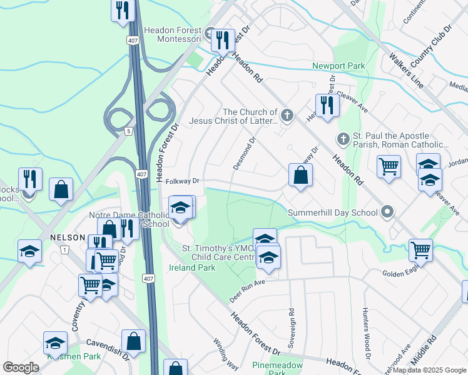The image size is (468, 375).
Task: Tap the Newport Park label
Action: (338, 66)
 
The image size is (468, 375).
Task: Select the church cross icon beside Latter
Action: (287, 114)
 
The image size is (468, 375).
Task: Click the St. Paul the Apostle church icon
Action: (342, 138)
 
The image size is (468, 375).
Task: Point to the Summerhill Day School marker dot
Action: (387, 212)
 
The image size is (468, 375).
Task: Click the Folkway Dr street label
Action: (183, 181)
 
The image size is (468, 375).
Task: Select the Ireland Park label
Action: (191, 267)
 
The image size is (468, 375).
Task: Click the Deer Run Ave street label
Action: (248, 291)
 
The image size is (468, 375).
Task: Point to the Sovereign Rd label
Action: (291, 327)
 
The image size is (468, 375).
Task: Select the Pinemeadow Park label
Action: (277, 369)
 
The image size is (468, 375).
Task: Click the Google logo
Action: (21, 367)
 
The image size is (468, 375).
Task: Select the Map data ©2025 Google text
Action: (429, 370)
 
